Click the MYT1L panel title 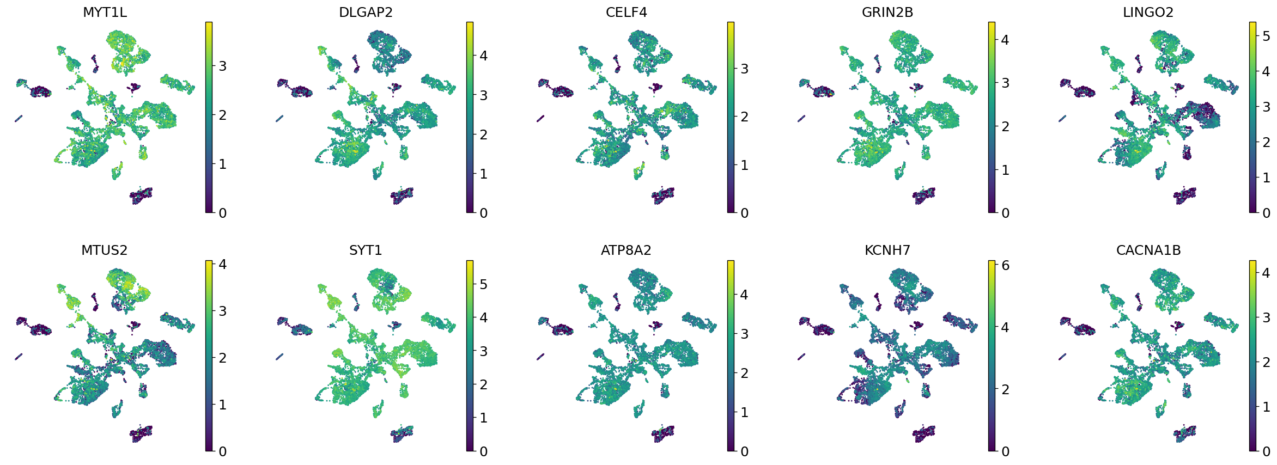(105, 13)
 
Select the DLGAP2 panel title (366, 13)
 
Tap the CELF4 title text (626, 13)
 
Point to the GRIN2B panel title (887, 13)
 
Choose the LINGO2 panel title (1148, 13)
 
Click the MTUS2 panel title (104, 250)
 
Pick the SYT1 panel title (366, 250)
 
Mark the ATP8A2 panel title (626, 250)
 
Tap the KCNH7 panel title (887, 250)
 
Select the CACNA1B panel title (1148, 250)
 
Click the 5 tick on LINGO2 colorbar (1266, 36)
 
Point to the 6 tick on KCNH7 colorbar (1005, 266)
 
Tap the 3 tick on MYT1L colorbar (222, 66)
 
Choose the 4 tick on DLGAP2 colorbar (483, 56)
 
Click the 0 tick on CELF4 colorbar (744, 213)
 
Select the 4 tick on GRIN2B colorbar (1005, 40)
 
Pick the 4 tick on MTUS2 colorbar (222, 265)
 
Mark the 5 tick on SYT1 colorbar (483, 284)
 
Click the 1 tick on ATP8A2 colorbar (744, 412)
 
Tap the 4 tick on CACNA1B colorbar (1266, 273)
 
